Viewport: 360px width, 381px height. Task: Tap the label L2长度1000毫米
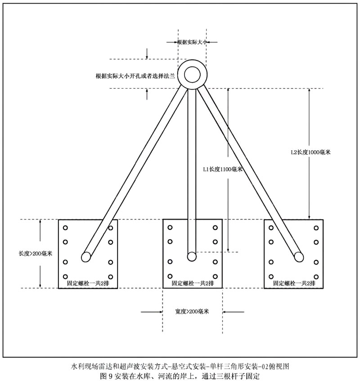tap(310, 152)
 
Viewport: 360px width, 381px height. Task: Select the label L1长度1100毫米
tap(223, 170)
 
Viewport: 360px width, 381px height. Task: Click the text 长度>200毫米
tap(36, 254)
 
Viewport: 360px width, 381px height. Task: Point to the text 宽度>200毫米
tap(192, 312)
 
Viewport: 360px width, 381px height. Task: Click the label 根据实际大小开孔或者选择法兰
tap(135, 76)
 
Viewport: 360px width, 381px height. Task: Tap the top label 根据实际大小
tap(192, 42)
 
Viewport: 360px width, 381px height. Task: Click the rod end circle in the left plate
tap(86, 257)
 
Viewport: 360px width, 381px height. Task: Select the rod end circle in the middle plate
tap(192, 257)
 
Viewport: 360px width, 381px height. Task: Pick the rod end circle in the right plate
tap(299, 257)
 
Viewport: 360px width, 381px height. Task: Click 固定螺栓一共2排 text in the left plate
tap(88, 283)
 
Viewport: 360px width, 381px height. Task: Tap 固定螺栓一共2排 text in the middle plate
tap(193, 283)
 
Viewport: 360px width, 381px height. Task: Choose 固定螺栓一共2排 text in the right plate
tap(294, 283)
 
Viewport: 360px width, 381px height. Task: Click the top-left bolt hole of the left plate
tap(65, 228)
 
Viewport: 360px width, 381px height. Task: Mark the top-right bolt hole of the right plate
tap(316, 228)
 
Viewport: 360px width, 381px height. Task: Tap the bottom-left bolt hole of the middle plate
tap(170, 276)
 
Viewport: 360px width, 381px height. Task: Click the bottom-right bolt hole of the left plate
tap(111, 277)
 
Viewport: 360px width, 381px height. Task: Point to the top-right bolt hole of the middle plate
tap(215, 228)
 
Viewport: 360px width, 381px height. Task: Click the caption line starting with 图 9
tap(180, 376)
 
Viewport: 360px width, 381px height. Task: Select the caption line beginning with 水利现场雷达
tap(180, 366)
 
